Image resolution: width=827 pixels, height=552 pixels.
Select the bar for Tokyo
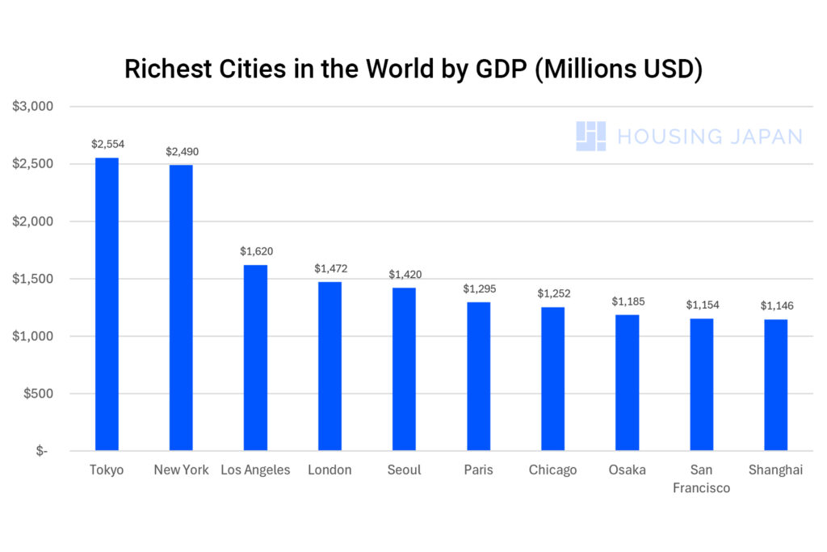[x=107, y=304]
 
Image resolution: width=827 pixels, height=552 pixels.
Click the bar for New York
[x=181, y=307]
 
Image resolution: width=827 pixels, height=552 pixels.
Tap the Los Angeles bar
[x=255, y=357]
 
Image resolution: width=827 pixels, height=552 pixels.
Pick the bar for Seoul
[x=404, y=369]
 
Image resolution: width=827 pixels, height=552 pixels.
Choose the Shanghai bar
[x=775, y=385]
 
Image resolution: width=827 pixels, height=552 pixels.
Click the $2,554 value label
[x=107, y=144]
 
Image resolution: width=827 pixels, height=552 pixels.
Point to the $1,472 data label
[x=330, y=268]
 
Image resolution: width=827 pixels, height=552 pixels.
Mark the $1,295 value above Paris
[x=478, y=289]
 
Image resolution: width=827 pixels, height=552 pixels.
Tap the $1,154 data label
[x=701, y=305]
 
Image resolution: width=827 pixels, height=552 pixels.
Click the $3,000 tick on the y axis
[x=33, y=107]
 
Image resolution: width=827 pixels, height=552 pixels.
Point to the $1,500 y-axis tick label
[x=33, y=279]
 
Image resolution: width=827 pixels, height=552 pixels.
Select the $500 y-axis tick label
[x=37, y=394]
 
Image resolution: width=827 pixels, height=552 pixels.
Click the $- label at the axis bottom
[x=41, y=451]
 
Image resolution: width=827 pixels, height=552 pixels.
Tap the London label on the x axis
[x=330, y=470]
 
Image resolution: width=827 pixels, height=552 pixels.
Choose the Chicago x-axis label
[x=552, y=470]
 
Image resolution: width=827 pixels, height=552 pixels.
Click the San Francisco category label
[x=701, y=478]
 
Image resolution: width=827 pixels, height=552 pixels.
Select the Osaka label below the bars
[x=627, y=470]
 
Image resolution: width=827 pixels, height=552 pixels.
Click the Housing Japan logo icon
[x=590, y=136]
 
